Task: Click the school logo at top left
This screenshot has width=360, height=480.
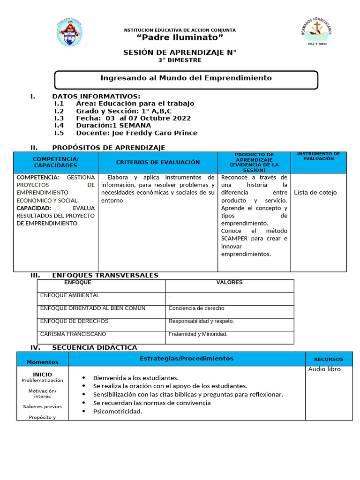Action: point(70,33)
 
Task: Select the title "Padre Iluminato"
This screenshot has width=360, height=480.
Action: point(180,37)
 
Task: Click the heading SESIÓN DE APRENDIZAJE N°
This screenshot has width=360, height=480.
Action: point(180,52)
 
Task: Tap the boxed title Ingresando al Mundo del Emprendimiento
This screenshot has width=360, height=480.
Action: point(186,78)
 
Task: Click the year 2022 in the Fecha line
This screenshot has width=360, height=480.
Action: point(182,118)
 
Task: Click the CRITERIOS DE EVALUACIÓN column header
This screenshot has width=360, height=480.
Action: point(157,162)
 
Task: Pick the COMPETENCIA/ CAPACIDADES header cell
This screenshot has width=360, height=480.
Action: point(56,162)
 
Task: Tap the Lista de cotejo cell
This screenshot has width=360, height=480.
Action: point(315,192)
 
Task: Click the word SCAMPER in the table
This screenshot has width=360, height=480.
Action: point(234,239)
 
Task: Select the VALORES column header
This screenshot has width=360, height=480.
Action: point(229,283)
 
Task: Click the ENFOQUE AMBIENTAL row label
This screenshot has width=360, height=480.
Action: point(70,295)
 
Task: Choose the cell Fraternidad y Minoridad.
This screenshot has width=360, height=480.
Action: point(198,334)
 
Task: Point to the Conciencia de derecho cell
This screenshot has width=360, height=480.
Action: point(196,308)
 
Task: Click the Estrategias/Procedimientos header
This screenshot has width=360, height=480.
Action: point(186,358)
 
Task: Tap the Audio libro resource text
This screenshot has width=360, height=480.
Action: point(324,369)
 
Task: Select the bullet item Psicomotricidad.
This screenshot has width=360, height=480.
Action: point(117,412)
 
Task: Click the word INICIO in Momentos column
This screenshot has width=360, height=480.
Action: point(42,374)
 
